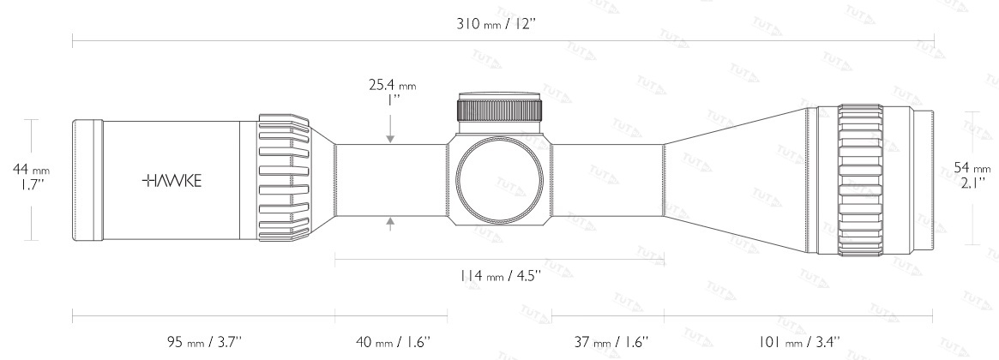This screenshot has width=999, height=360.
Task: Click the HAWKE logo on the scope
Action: coord(172,181)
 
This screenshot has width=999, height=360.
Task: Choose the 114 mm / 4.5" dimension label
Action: coord(500,276)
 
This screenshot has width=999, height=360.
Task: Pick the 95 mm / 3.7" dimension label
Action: coord(204,342)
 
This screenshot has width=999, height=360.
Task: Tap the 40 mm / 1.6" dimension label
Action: coord(393,342)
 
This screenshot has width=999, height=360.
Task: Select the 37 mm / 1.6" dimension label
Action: coord(611,342)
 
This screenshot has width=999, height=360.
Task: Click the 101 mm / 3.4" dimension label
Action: coord(799,342)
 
